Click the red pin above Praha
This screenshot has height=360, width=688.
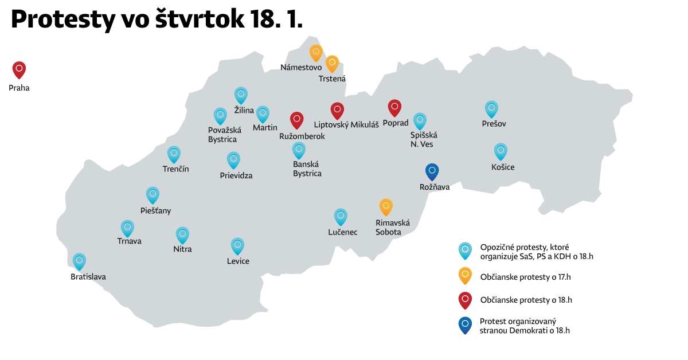[19, 69]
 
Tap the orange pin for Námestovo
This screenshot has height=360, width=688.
[316, 52]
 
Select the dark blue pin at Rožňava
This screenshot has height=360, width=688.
[432, 171]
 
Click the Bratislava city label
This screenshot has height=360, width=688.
[88, 277]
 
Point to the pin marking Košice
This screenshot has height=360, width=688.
[501, 151]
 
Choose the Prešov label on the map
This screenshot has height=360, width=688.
[494, 124]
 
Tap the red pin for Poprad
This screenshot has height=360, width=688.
[394, 107]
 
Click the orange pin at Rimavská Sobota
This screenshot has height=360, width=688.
[386, 206]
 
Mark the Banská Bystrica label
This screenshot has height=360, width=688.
[307, 169]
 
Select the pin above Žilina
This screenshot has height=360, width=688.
[241, 95]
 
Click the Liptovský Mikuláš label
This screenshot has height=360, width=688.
[346, 124]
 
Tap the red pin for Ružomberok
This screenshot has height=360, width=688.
[296, 119]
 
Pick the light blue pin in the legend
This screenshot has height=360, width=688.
[465, 251]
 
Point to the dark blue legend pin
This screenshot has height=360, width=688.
[465, 325]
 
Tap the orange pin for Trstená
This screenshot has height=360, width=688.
[332, 63]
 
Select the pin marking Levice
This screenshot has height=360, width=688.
[237, 246]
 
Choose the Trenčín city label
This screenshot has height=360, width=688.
[175, 169]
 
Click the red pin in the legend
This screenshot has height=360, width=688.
[465, 300]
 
